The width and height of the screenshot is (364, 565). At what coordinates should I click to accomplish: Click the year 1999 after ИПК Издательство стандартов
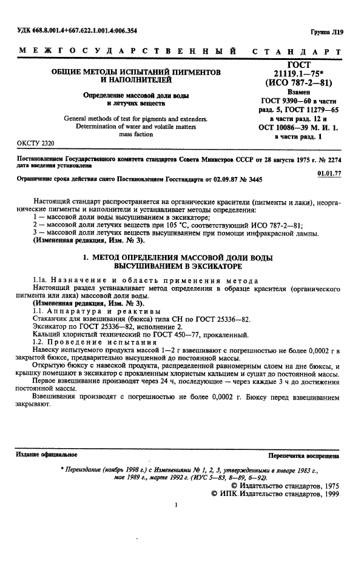coord(328,494)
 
